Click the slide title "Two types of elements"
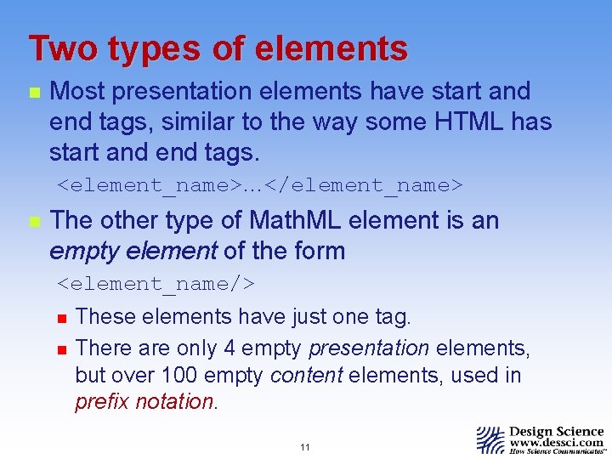click(218, 48)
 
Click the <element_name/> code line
click(156, 283)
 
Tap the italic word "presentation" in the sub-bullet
click(369, 348)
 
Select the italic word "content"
click(307, 375)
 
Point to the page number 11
click(305, 447)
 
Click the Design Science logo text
click(557, 431)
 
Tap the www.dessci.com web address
click(557, 442)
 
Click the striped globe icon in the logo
click(490, 440)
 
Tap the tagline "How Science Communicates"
click(557, 452)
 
